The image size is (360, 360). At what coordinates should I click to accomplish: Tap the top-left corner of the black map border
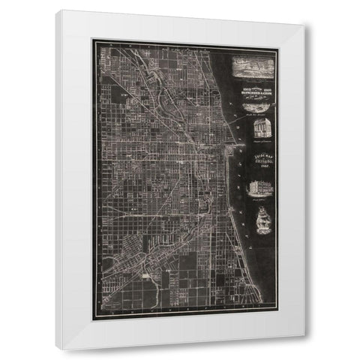[x=93, y=41]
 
